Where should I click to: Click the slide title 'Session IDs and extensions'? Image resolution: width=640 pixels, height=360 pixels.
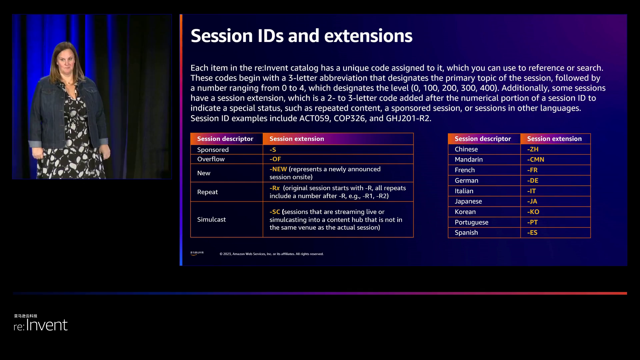[x=301, y=36]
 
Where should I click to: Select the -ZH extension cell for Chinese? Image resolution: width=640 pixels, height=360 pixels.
[x=555, y=149]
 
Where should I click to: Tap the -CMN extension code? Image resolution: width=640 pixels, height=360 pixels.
[x=536, y=160]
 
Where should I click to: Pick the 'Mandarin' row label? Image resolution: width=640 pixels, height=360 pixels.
[x=469, y=160]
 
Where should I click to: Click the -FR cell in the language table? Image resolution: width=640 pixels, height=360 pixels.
[x=555, y=170]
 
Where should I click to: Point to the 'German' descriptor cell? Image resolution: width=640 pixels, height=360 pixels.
[x=484, y=180]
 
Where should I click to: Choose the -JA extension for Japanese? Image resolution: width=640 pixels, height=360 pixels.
[x=532, y=201]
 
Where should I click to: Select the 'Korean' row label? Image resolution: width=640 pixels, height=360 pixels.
[x=465, y=212]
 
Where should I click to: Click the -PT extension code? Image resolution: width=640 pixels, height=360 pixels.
[x=532, y=222]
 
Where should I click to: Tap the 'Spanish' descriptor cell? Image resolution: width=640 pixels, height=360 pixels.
[x=484, y=233]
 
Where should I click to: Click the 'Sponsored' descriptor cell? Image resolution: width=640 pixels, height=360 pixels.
[x=227, y=150]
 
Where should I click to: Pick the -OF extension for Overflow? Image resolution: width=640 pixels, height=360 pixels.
[x=275, y=159]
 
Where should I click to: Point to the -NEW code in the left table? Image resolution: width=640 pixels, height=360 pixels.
[x=278, y=169]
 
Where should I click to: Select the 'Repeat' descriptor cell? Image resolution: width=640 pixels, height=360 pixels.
[x=227, y=192]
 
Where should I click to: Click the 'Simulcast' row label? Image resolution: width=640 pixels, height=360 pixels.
[x=211, y=219]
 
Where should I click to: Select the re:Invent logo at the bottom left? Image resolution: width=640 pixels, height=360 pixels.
[x=40, y=323]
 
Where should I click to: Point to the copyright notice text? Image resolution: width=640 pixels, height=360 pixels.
[x=271, y=254]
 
